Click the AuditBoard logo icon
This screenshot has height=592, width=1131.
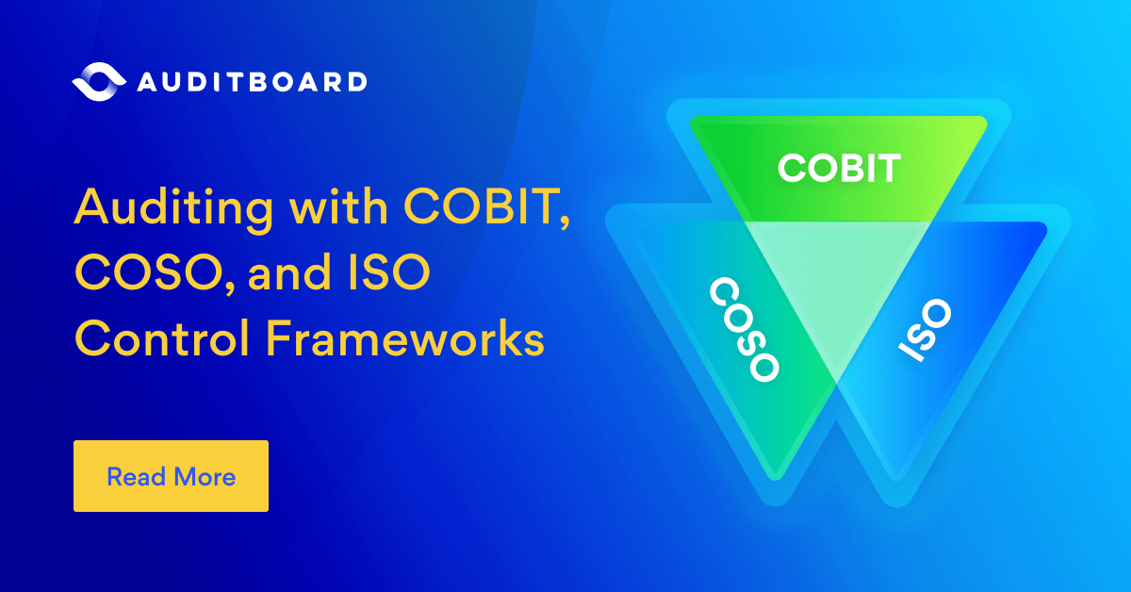coord(98,81)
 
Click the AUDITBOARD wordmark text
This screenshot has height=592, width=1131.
coord(251,82)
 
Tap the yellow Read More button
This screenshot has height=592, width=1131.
coord(171,476)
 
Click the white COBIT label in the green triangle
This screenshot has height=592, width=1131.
coord(839,170)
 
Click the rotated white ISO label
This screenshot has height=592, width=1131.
coord(926,332)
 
